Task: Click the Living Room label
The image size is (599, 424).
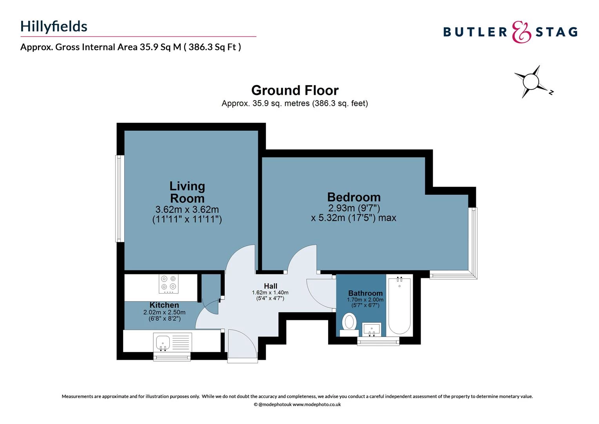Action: click(187, 192)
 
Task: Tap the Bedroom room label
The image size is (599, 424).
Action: click(354, 197)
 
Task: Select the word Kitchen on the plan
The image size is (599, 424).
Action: click(164, 305)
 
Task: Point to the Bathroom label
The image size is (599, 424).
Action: click(365, 293)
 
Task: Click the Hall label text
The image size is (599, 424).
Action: click(270, 286)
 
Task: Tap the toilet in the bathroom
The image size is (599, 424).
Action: click(349, 323)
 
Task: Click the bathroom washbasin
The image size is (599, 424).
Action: click(371, 329)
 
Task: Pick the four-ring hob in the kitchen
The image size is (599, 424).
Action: click(169, 283)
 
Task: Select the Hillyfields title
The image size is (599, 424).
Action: click(54, 26)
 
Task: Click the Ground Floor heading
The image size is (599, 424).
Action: click(295, 90)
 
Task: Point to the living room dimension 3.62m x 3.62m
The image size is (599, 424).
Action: click(187, 210)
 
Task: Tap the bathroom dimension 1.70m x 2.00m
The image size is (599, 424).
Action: click(365, 300)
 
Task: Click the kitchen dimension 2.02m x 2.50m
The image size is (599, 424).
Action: click(164, 313)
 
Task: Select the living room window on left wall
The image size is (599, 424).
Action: click(119, 198)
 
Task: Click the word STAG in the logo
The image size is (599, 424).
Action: click(556, 32)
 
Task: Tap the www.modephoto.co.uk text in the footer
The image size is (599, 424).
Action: click(317, 404)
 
